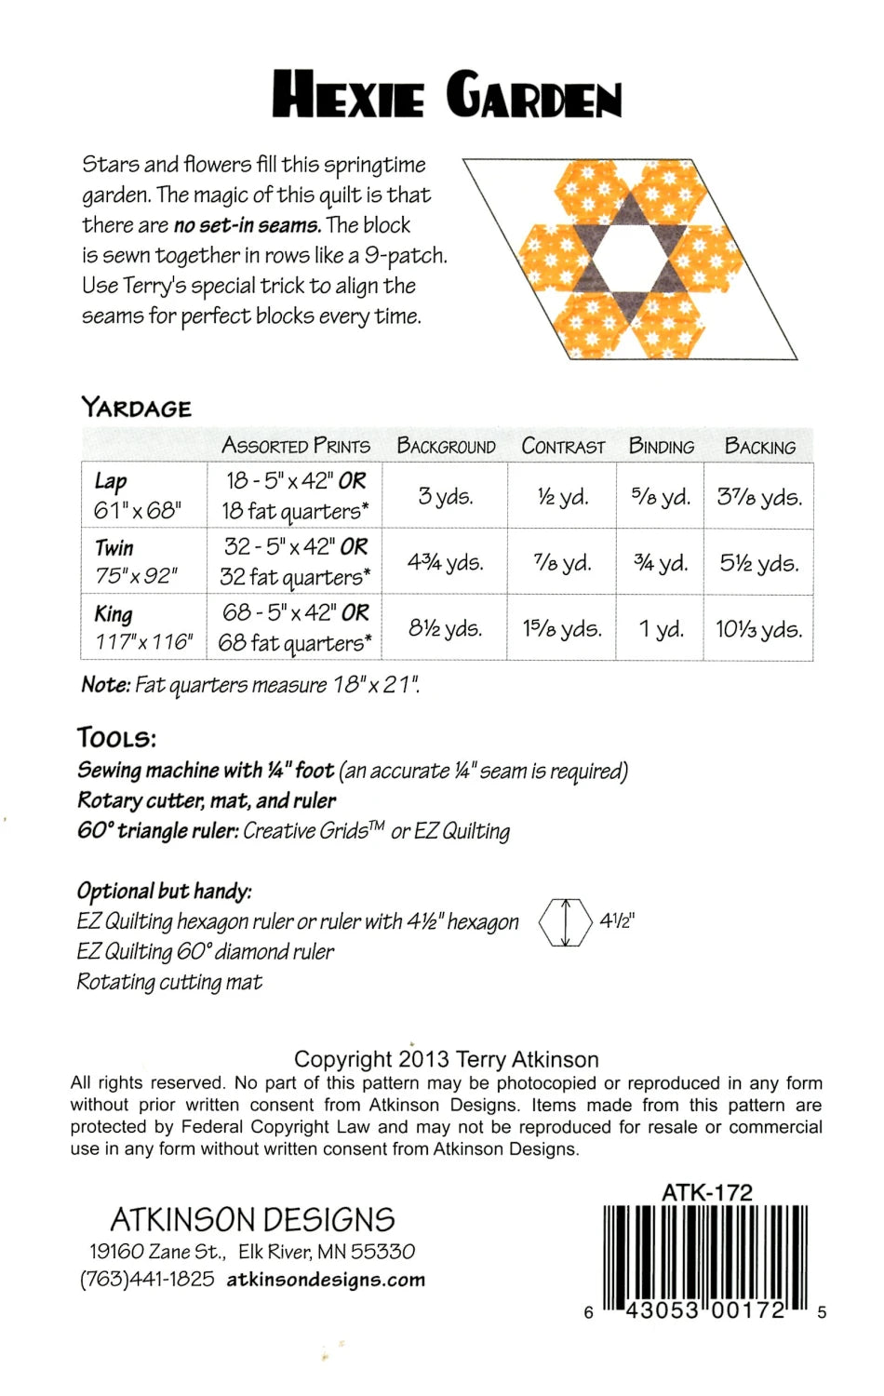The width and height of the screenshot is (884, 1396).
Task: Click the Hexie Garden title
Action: (x=447, y=95)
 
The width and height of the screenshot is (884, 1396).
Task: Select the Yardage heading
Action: (x=136, y=408)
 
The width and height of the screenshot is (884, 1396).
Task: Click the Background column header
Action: (x=446, y=446)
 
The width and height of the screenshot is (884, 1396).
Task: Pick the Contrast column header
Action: (x=562, y=446)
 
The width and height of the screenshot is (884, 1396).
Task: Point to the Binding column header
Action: (x=661, y=446)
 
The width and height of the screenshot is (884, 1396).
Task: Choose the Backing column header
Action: (x=759, y=446)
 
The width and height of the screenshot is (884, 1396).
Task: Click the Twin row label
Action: (x=114, y=547)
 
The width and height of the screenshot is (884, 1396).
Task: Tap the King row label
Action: (x=114, y=614)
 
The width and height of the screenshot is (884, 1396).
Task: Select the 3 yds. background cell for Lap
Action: (x=445, y=496)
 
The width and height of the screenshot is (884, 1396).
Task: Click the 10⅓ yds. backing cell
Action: (x=758, y=629)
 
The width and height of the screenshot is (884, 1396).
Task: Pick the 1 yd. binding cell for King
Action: (x=661, y=629)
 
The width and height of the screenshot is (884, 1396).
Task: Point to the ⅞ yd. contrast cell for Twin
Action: (x=562, y=563)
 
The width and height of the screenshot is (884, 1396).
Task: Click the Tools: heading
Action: (x=116, y=738)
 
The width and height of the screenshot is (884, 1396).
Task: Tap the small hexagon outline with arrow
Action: (x=565, y=922)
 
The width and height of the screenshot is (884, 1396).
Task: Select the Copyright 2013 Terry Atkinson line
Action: (x=446, y=1059)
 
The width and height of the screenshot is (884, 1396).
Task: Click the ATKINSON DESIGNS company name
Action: (x=252, y=1219)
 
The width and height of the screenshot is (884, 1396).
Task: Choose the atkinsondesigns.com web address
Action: (x=326, y=1280)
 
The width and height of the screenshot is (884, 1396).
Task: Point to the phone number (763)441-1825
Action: (x=147, y=1280)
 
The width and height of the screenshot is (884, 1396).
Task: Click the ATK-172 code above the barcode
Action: (x=706, y=1191)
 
